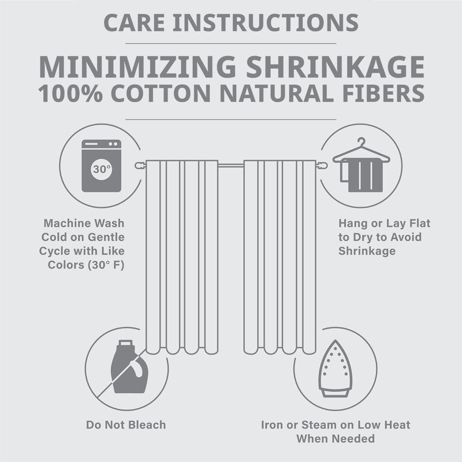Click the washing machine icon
pos(102,166)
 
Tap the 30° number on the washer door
pos(102,169)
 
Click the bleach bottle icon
pos(129,367)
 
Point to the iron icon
pos(336,368)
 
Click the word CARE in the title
pos(135,23)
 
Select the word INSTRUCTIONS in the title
pos(266,23)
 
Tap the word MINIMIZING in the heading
pos(137,66)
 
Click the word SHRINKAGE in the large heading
pos(336,66)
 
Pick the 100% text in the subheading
pos(70,94)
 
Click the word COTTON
pos(161,94)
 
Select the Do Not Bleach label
pos(126,425)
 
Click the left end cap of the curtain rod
pos(140,165)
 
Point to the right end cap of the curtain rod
pos(322,165)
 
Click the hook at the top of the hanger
pos(362,141)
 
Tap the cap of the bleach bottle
pos(125,342)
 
